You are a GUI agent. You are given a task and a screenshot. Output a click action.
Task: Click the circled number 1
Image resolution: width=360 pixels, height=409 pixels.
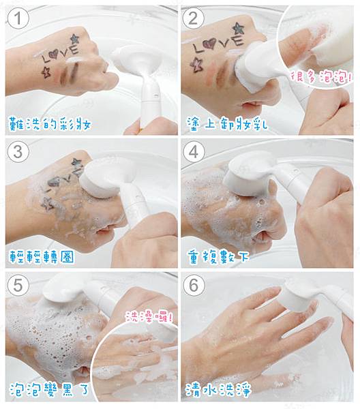pos(18,19)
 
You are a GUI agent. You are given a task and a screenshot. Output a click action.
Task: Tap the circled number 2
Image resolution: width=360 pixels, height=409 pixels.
pos(193,18)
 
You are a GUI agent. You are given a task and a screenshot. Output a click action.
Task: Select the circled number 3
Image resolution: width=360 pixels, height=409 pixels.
pos(18,152)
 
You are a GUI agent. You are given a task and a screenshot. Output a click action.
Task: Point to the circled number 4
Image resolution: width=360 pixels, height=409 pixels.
pos(193,152)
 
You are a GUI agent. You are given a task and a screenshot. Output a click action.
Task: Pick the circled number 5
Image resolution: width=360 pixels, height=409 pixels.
pos(18,285)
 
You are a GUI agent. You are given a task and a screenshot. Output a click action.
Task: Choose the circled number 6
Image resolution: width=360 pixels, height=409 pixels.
pos(194,285)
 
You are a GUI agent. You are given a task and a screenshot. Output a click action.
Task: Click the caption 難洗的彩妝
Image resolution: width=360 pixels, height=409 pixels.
pos(50,123)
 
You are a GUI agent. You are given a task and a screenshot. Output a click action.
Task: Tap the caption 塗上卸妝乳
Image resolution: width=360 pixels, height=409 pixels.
pos(227,123)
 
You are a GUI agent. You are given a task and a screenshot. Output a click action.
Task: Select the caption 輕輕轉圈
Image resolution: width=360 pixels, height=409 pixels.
pos(42,257)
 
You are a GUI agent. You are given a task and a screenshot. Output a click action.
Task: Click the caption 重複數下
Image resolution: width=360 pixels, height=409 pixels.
pos(218,257)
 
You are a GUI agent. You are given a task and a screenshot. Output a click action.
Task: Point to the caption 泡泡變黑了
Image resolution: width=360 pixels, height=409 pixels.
pos(50,389)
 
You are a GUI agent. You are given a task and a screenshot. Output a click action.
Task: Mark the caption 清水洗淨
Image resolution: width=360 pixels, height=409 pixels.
pos(219,389)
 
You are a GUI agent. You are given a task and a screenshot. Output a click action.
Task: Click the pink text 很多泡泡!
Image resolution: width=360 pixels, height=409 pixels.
pos(321,78)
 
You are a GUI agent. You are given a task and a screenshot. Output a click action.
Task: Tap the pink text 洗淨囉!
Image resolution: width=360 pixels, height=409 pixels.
pos(149,317)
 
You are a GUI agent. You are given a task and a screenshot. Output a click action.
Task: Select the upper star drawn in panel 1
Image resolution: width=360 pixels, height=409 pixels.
pos(75,39)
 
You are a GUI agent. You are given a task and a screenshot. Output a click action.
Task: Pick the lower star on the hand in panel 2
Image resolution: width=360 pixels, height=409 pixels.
pos(197,65)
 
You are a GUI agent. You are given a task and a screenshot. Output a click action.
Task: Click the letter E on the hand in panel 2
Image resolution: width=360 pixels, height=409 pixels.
pos(237,41)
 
